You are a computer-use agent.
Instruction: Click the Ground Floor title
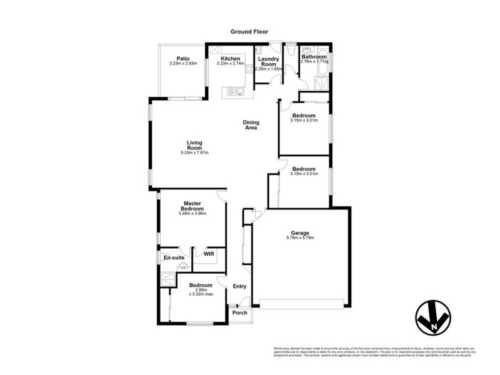click(x=249, y=31)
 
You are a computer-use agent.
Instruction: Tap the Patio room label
click(x=183, y=58)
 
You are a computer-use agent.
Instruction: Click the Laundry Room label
click(x=269, y=61)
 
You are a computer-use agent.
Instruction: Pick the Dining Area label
click(x=251, y=125)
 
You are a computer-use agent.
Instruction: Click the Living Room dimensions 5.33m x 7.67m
click(x=194, y=152)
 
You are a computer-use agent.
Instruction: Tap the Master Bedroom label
click(x=191, y=206)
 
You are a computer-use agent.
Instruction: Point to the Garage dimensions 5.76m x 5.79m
click(x=299, y=237)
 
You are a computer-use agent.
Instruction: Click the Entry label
click(x=239, y=286)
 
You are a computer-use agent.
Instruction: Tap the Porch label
click(x=239, y=312)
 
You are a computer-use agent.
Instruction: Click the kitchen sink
click(x=237, y=92)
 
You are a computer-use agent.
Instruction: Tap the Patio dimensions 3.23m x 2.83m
click(x=183, y=63)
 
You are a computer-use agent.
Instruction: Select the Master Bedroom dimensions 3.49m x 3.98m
click(x=191, y=214)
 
